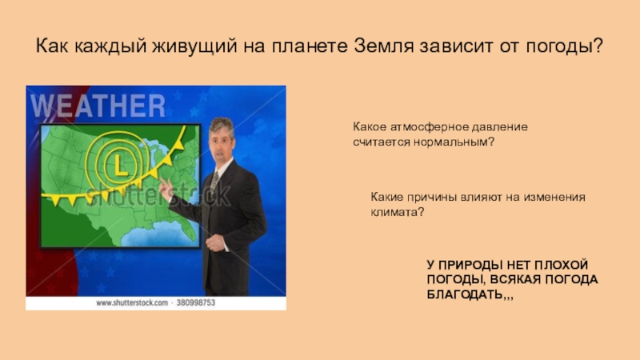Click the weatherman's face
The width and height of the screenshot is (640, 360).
222,142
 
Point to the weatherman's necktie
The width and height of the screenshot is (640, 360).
214,184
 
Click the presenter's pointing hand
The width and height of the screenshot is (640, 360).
166,190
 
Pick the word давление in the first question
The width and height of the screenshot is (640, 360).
500,127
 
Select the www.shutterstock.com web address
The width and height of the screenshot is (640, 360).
132,303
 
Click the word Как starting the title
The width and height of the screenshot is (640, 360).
54,46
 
